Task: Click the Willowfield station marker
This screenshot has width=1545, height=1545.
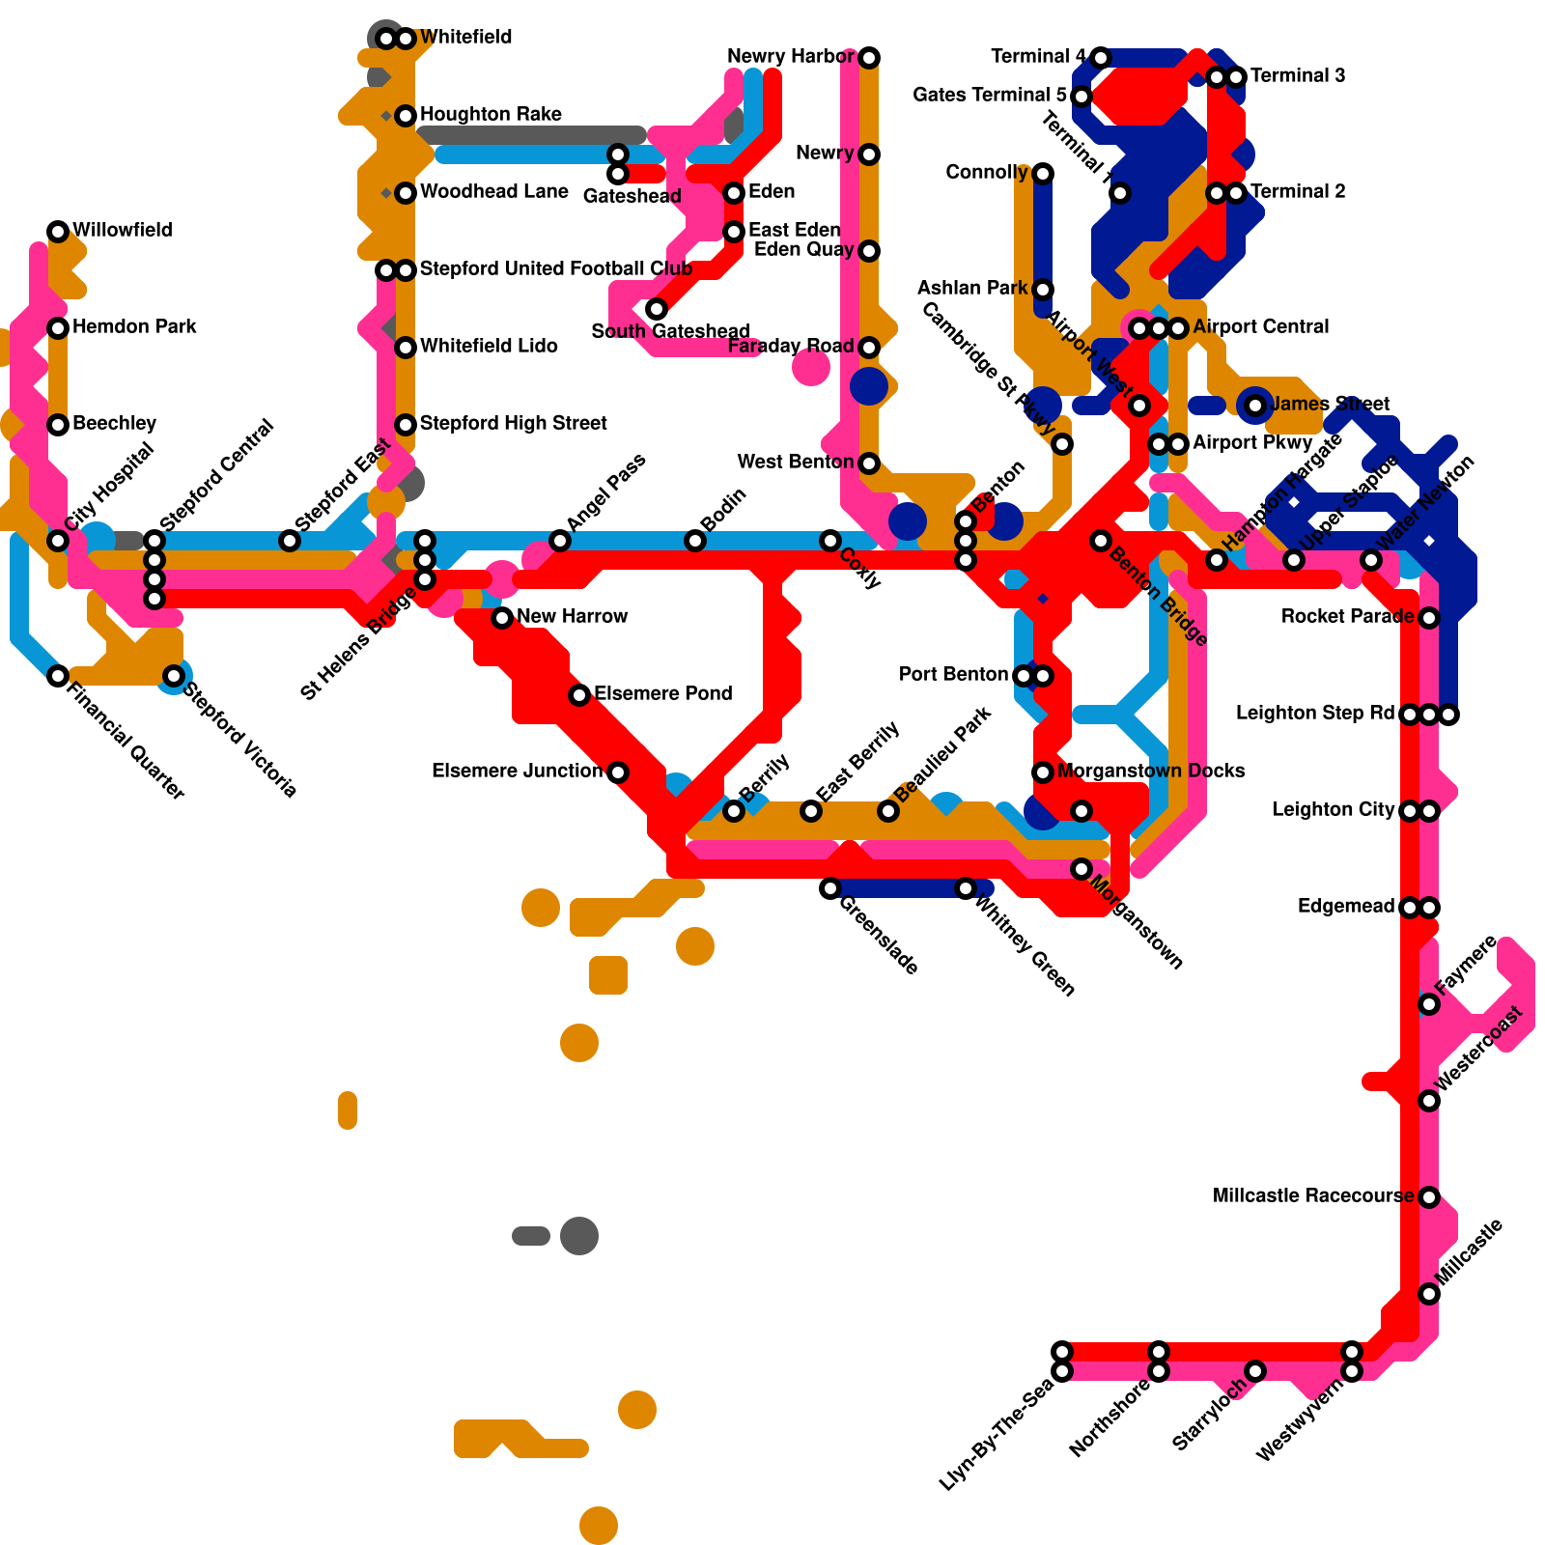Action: pos(58,232)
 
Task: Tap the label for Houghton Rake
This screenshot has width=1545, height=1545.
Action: pos(491,115)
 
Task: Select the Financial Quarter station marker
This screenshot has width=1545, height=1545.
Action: pos(58,676)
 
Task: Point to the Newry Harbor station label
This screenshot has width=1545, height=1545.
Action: pos(790,57)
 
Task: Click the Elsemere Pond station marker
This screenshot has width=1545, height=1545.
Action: pos(579,695)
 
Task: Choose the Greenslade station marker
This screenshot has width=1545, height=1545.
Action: pos(830,888)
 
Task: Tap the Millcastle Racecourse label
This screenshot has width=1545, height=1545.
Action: pos(1313,1196)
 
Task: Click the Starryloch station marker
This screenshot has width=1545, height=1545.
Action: pos(1255,1371)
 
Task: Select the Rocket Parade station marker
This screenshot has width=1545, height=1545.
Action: pos(1429,618)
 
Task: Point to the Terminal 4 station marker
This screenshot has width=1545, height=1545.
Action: pos(1101,58)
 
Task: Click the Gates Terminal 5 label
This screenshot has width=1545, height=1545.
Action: pos(990,96)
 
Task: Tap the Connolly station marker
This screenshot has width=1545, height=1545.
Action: pos(1043,174)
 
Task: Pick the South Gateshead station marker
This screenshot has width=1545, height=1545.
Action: pos(657,309)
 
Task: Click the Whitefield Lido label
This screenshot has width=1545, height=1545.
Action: pos(489,347)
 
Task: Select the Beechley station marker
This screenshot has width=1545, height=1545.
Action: pos(58,425)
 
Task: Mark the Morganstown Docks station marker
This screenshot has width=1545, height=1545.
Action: pos(1043,772)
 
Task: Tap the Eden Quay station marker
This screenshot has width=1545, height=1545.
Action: pos(869,251)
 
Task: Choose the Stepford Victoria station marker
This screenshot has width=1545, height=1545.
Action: pos(174,676)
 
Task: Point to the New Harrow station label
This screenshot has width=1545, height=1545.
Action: pos(572,617)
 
